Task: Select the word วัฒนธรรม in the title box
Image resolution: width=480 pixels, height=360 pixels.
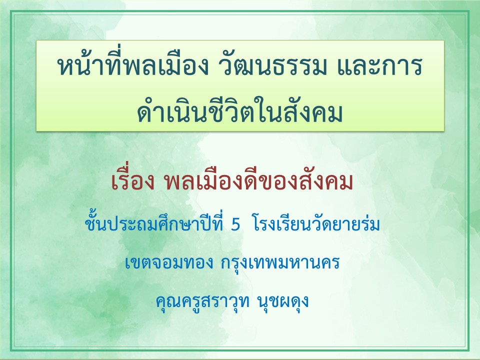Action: (272, 66)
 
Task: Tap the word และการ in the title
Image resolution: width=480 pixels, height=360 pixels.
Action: (379, 66)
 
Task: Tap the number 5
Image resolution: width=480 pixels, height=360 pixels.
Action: (235, 225)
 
